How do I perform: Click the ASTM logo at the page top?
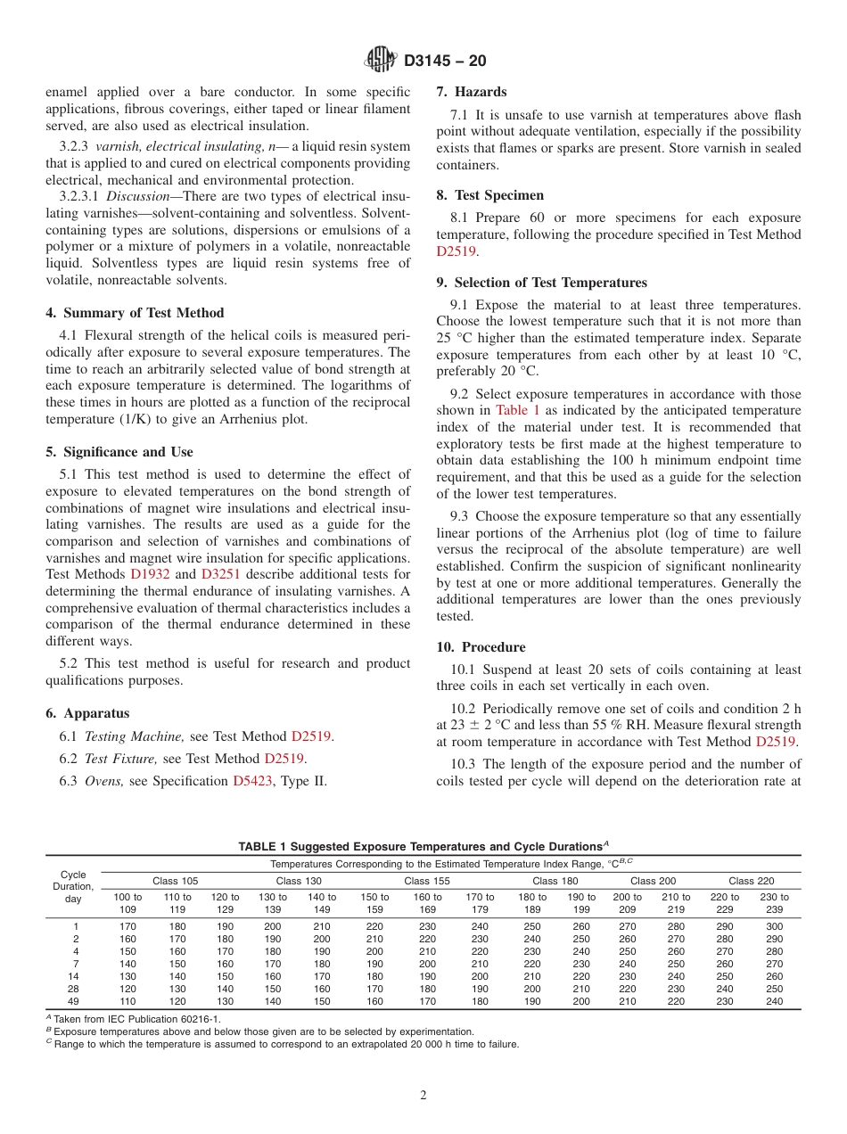[x=381, y=61]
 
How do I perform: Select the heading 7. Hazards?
[x=471, y=92]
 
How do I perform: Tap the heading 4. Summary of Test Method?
[x=135, y=313]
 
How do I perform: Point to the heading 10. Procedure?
[x=481, y=647]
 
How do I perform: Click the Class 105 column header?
[x=176, y=881]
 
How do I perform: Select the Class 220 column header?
[x=751, y=881]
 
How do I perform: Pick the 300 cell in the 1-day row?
[x=774, y=926]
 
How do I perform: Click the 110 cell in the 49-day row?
[x=127, y=1001]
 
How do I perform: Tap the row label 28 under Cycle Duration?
[x=76, y=989]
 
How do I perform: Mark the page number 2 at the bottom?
[x=423, y=1096]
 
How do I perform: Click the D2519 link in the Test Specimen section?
[x=456, y=251]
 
